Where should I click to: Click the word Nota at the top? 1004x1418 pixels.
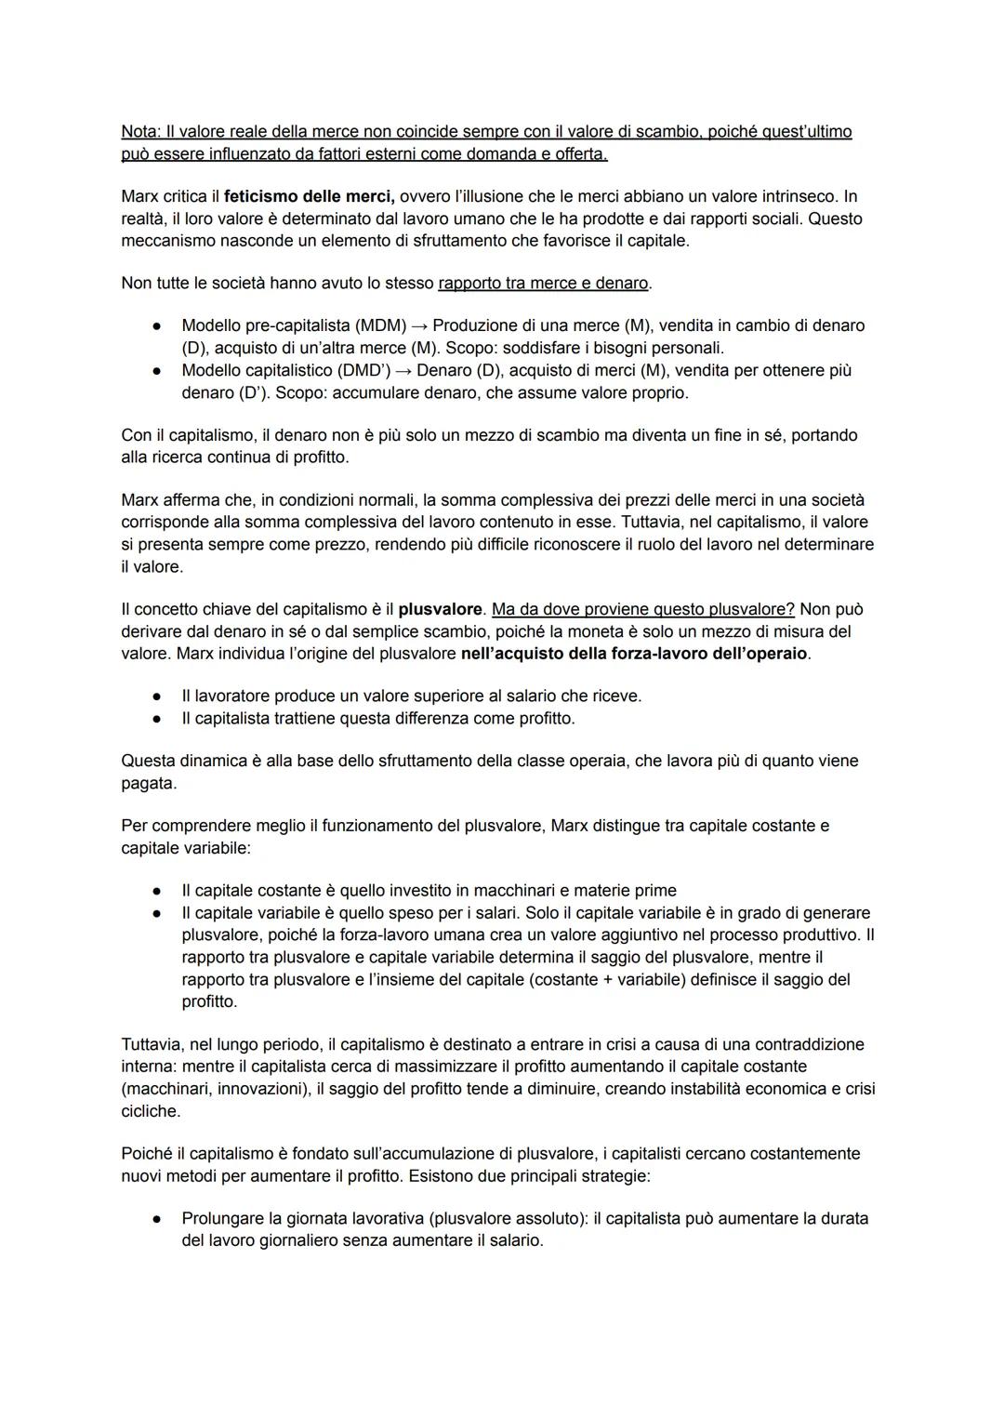click(140, 132)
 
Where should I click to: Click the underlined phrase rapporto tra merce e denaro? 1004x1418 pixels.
click(543, 283)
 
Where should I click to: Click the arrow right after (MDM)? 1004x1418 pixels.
click(420, 325)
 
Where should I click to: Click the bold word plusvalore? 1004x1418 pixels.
click(441, 609)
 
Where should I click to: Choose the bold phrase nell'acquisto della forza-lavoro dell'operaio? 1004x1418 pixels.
click(634, 654)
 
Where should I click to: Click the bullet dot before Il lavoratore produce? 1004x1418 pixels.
click(160, 696)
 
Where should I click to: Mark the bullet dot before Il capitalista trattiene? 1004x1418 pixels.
click(160, 719)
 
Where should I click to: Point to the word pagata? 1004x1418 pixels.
click(148, 783)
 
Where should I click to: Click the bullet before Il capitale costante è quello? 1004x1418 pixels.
click(160, 891)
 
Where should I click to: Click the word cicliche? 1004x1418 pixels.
click(150, 1111)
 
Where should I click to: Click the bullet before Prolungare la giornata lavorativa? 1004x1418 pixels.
click(160, 1218)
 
